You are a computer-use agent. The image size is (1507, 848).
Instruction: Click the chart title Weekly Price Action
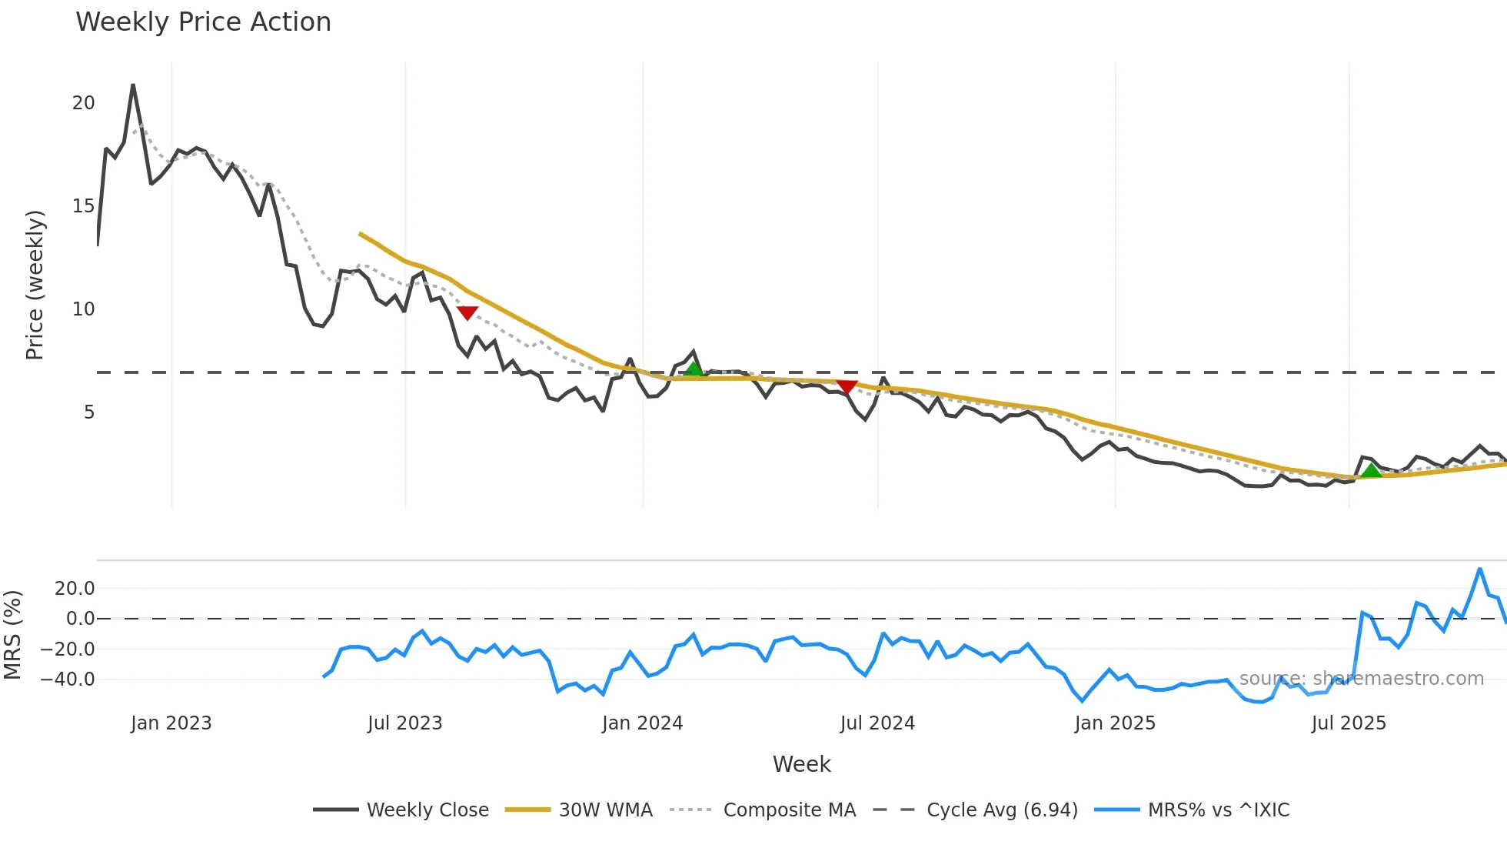pyautogui.click(x=203, y=22)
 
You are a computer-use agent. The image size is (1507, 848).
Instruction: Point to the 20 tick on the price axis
pyautogui.click(x=83, y=103)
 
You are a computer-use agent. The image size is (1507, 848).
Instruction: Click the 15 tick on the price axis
pyautogui.click(x=83, y=206)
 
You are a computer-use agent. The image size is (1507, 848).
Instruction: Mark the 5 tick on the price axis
pyautogui.click(x=89, y=412)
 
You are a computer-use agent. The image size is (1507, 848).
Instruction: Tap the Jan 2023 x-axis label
pyautogui.click(x=171, y=723)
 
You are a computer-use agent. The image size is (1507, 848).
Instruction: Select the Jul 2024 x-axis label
pyautogui.click(x=877, y=723)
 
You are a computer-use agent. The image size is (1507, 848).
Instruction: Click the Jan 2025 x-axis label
pyautogui.click(x=1115, y=723)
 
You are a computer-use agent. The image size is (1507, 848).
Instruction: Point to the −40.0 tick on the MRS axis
pyautogui.click(x=68, y=679)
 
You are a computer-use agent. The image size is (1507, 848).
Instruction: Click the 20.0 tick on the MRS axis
pyautogui.click(x=75, y=589)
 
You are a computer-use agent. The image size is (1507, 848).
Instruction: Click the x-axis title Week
pyautogui.click(x=801, y=764)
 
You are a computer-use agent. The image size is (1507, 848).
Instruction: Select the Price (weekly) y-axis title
pyautogui.click(x=35, y=285)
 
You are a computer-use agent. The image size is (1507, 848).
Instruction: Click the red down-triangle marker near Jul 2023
pyautogui.click(x=467, y=312)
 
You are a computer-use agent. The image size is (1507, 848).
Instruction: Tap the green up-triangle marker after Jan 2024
pyautogui.click(x=694, y=369)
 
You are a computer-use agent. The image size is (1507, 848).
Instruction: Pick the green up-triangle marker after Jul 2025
pyautogui.click(x=1371, y=470)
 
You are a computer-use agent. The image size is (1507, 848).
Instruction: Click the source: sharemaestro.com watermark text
pyautogui.click(x=1361, y=679)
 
